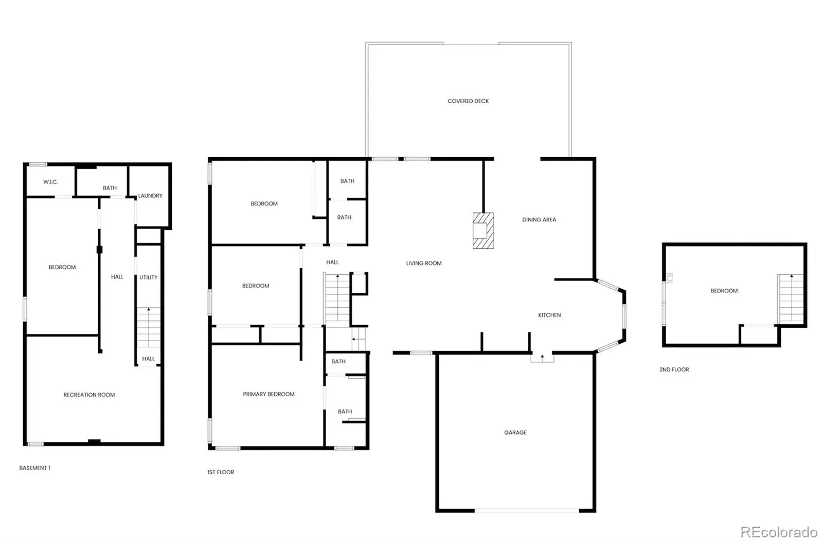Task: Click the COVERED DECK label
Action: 468,101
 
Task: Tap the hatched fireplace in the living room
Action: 483,231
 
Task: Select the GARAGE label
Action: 515,432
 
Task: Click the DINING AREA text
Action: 539,219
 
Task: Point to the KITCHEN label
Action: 549,315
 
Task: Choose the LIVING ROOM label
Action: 424,263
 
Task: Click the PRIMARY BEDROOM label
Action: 269,394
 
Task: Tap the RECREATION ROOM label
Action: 89,395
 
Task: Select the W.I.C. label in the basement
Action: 50,182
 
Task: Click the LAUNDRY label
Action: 150,196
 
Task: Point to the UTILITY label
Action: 149,277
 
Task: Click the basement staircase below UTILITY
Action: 149,328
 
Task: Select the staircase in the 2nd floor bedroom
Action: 791,298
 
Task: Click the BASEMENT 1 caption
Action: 34,468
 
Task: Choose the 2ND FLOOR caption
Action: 674,369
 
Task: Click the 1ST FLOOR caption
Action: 221,472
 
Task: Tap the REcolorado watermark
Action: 779,532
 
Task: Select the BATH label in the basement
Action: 110,188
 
